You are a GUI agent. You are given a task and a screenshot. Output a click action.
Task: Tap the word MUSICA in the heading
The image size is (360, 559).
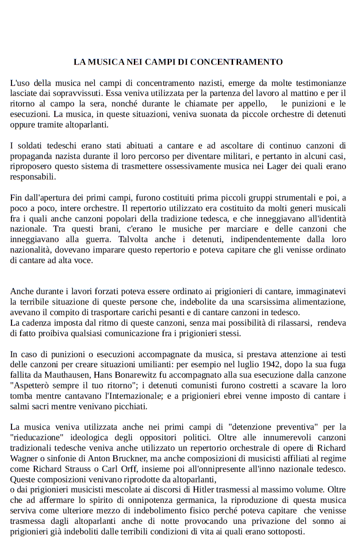click(x=106, y=62)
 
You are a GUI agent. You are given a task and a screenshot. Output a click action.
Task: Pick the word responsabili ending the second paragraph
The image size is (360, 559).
click(x=32, y=177)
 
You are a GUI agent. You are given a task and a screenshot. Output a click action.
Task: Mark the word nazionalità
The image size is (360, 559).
click(x=31, y=250)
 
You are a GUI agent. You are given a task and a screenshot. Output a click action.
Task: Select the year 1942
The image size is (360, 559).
click(x=272, y=364)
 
